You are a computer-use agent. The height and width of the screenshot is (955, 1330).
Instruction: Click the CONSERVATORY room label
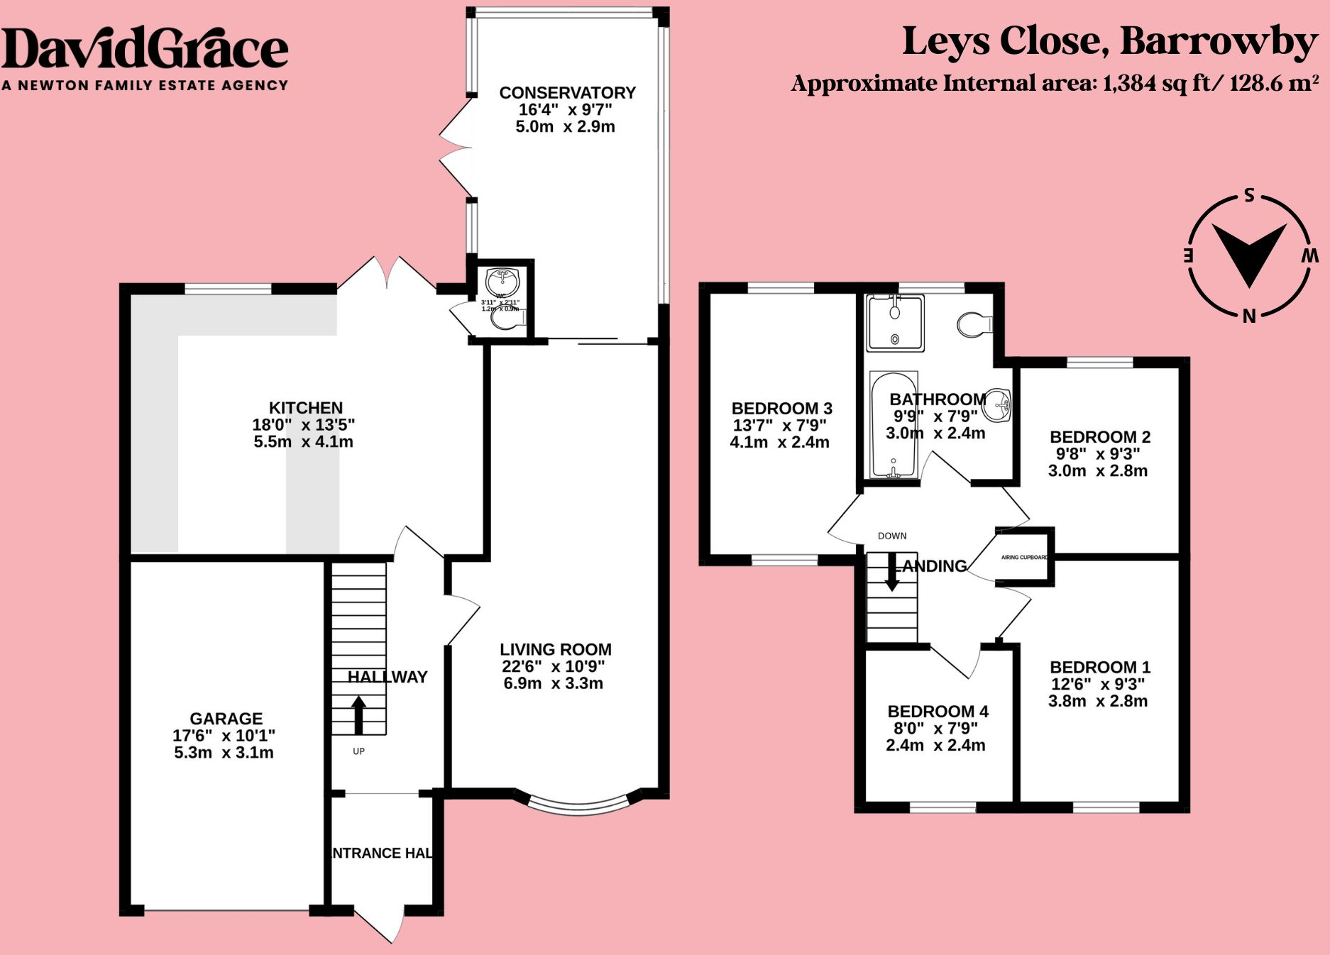coord(567,93)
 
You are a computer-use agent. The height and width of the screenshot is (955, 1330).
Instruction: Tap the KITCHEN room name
coord(305,408)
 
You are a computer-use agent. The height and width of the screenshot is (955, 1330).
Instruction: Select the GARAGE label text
coord(226,719)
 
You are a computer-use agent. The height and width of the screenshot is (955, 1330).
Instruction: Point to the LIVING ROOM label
coord(555,650)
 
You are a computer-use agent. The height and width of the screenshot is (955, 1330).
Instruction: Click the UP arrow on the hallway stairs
coord(358,714)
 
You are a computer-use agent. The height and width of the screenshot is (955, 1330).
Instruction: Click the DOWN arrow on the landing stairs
coord(891,573)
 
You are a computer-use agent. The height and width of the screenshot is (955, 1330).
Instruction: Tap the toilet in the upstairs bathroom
coord(974,325)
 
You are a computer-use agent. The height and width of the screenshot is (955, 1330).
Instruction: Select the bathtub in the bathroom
coord(893,426)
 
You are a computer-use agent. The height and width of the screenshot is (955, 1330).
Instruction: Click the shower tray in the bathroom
coord(895,324)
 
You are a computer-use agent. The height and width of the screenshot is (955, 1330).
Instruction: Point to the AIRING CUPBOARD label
coord(1024,558)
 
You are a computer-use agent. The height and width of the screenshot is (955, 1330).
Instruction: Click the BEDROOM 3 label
coord(781,409)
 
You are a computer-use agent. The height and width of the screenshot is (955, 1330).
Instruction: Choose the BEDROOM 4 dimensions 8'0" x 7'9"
coord(935,729)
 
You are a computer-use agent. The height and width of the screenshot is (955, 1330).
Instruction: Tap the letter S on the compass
coord(1249,196)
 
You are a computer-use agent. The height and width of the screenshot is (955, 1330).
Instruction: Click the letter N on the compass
coord(1249,316)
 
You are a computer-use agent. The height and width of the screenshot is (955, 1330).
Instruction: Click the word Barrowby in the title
coord(1218,41)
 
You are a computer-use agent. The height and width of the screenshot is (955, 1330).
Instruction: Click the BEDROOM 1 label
coord(1099,668)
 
